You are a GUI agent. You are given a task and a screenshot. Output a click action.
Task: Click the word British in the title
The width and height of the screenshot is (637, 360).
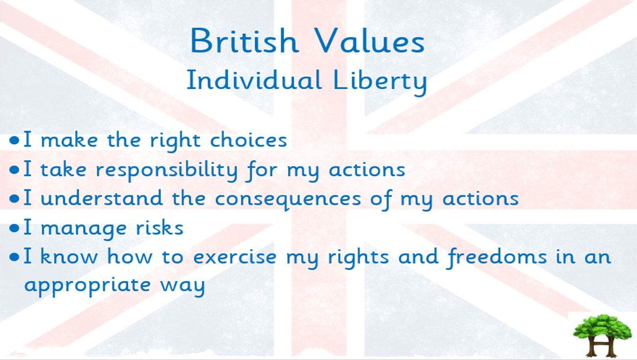244,41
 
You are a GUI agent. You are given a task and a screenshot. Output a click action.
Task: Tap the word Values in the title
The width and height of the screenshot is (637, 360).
370,41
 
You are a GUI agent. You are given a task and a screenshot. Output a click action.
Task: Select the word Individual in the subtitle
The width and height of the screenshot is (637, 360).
254,80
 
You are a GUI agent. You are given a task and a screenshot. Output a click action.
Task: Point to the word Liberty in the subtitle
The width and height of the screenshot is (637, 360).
380,81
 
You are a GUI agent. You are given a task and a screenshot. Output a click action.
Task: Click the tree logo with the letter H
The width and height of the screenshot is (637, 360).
602,335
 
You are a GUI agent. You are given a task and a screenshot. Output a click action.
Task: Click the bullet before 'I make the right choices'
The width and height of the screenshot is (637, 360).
14,140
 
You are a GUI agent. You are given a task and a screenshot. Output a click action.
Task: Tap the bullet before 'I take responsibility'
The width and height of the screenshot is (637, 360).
14,170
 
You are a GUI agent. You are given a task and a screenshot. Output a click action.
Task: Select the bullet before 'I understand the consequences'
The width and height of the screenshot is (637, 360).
14,199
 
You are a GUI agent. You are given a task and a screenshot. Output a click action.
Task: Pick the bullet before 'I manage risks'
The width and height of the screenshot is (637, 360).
14,228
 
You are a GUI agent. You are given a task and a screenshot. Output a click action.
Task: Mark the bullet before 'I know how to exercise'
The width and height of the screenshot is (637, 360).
14,257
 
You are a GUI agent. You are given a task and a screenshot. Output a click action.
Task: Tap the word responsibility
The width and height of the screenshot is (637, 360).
166,170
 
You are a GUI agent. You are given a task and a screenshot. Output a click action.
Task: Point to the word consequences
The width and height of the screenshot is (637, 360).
288,200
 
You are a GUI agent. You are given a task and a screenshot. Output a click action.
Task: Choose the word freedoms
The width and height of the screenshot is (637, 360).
497,258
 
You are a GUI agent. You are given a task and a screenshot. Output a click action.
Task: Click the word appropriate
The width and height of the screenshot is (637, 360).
87,286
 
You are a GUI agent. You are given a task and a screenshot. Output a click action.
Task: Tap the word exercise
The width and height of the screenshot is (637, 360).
235,256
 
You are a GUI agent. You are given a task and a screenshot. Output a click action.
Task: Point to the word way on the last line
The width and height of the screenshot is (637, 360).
182,287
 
